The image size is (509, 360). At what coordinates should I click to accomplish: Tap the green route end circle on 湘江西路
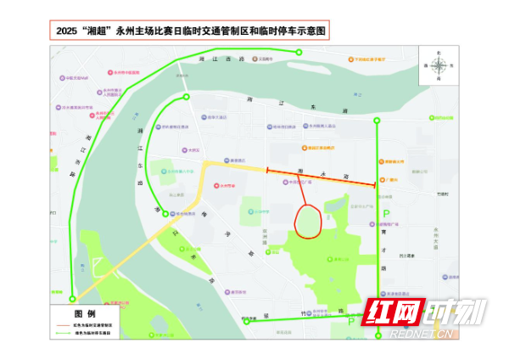click(x=299, y=53)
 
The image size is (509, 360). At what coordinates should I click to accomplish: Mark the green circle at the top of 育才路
click(x=378, y=121)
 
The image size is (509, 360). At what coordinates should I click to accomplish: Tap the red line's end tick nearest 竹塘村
click(x=375, y=184)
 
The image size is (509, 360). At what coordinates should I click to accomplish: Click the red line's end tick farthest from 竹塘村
click(x=267, y=172)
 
